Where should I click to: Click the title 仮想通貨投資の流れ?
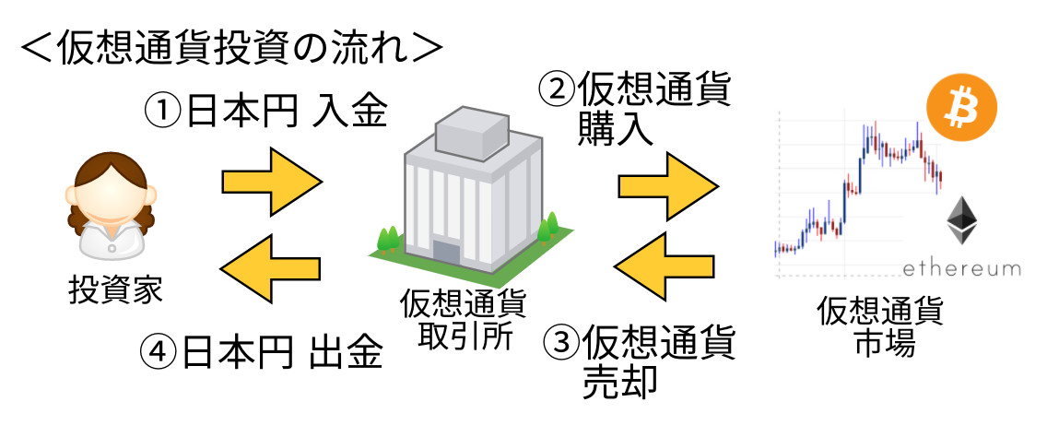[232, 48]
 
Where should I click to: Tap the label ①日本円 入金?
[265, 111]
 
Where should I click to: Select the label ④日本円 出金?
[262, 351]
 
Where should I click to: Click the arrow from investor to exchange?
[272, 182]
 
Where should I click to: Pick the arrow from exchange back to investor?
[270, 268]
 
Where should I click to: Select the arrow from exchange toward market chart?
[668, 186]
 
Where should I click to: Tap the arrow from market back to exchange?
[664, 266]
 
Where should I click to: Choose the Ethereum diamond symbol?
[962, 219]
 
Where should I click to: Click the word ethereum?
[961, 268]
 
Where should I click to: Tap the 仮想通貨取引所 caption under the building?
[463, 320]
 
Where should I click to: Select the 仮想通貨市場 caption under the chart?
[880, 326]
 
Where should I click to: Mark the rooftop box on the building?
[471, 132]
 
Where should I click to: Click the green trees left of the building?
[388, 240]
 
